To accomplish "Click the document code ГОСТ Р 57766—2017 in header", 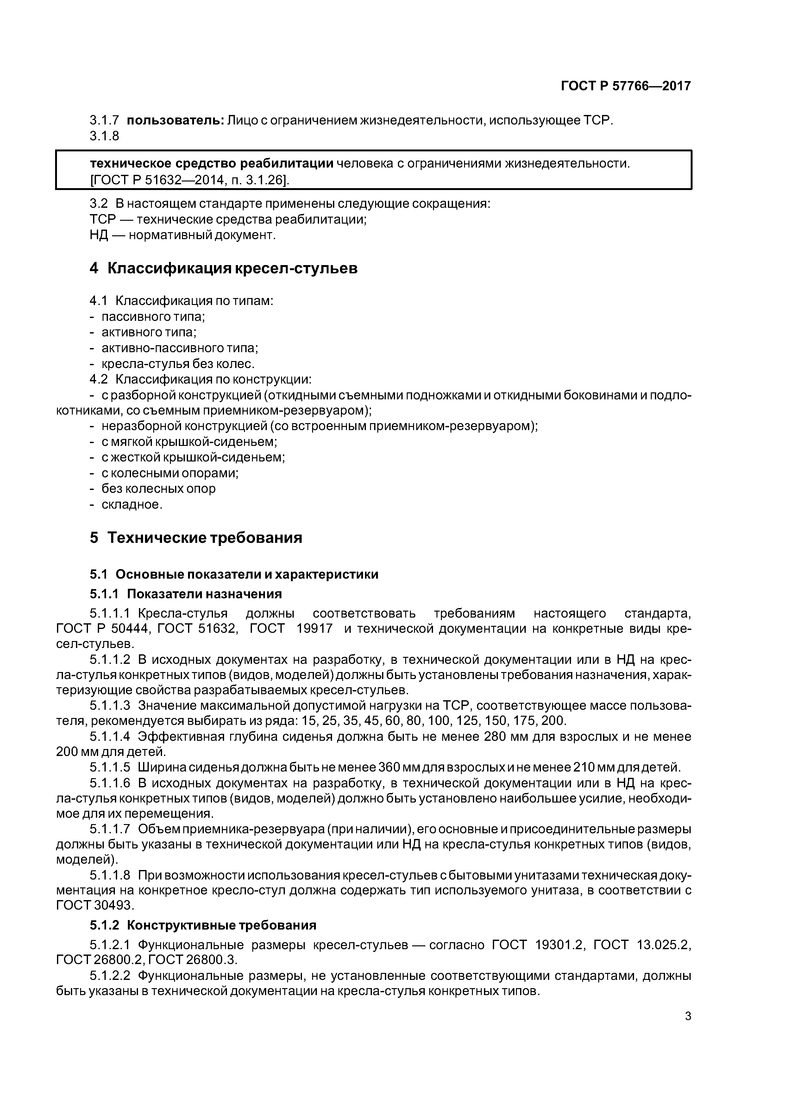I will click(626, 86).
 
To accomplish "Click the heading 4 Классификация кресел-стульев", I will click(223, 268).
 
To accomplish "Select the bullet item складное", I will click(132, 505).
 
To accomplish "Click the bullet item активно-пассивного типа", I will click(179, 348).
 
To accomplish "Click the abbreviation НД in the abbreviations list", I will click(99, 235).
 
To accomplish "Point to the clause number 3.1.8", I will click(104, 136).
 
